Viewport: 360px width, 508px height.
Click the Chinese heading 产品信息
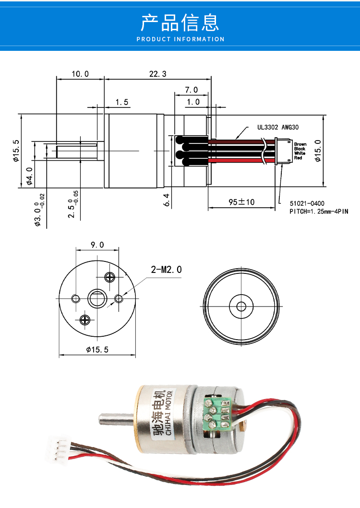coord(180,23)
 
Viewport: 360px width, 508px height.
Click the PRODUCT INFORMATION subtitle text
coord(180,39)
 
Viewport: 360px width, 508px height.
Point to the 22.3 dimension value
coord(157,74)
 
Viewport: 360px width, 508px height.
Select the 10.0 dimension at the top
coord(80,74)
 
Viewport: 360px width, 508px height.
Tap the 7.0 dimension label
coord(192,90)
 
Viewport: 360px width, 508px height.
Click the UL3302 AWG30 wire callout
coord(278,127)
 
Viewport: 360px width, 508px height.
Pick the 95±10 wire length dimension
coord(241,202)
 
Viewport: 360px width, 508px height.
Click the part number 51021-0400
coord(307,203)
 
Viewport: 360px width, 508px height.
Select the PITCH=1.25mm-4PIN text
coord(319,212)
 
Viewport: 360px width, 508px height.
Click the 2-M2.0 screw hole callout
coord(166,269)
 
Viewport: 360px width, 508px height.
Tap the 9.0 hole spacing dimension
coord(97,245)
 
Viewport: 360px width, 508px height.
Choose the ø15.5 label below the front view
coord(97,350)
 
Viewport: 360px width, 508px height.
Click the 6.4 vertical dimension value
coord(167,200)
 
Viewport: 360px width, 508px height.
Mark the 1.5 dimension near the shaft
coord(122,102)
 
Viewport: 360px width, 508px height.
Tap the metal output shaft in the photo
coord(116,419)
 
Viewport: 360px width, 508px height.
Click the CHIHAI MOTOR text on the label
coord(169,412)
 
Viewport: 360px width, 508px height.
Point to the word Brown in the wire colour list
coord(300,144)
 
